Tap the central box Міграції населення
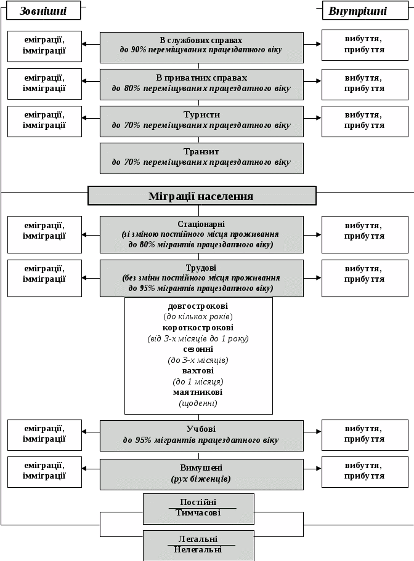point(201,196)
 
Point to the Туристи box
point(201,121)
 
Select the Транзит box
point(201,157)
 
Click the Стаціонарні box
point(201,234)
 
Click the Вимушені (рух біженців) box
point(201,473)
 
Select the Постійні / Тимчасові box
point(198,507)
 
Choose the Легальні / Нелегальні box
point(198,544)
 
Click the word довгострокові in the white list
point(198,306)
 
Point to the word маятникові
point(198,392)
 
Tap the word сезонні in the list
point(198,349)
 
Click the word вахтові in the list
point(198,371)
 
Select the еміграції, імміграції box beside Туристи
point(44,121)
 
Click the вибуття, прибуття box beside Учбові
point(365,434)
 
